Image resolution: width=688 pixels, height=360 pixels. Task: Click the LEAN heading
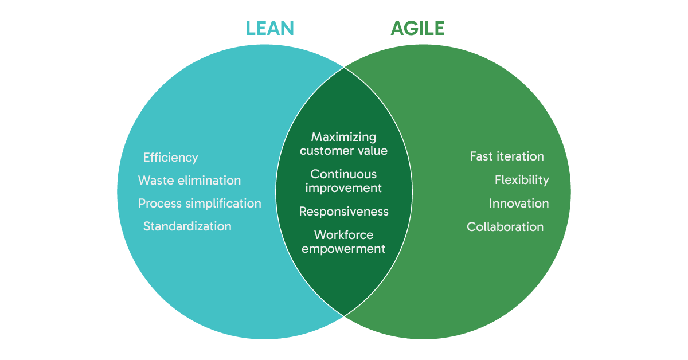click(269, 28)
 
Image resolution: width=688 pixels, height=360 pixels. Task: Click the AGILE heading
click(417, 28)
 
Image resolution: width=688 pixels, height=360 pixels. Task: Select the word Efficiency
click(170, 158)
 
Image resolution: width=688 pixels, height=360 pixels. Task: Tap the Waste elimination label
click(189, 181)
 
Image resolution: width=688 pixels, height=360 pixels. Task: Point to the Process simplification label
click(200, 204)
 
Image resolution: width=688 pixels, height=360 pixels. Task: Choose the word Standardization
click(187, 226)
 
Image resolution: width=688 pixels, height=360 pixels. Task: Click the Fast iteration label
click(507, 156)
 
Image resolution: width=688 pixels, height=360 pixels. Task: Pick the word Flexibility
click(522, 180)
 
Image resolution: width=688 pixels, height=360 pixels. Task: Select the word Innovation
click(518, 204)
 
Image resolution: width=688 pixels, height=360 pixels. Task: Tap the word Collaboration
click(505, 227)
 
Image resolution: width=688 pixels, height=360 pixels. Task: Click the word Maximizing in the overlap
click(343, 137)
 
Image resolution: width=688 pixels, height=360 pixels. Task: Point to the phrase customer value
click(343, 151)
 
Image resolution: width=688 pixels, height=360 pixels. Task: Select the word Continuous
click(343, 174)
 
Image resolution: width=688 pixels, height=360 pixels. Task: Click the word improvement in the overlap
click(343, 187)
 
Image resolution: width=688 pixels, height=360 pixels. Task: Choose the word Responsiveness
click(343, 212)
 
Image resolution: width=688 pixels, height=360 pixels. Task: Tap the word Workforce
click(343, 235)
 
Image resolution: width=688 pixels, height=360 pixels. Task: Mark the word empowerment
click(343, 249)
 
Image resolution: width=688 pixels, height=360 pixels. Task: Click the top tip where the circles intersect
click(344, 68)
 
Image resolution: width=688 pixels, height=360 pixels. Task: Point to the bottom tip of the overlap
click(344, 315)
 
